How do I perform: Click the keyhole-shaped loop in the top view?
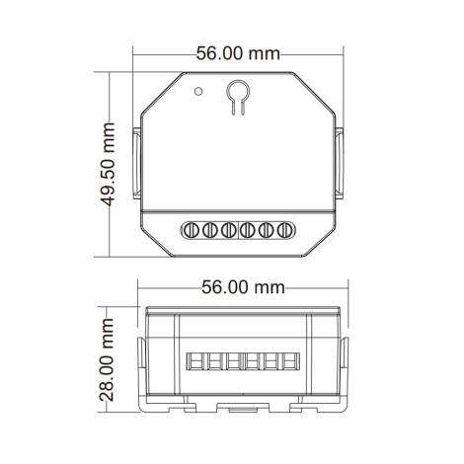pos(237,96)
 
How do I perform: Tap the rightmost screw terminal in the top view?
pos(284,230)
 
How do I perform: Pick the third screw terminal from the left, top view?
pos(229,230)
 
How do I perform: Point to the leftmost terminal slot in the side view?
pos(193,364)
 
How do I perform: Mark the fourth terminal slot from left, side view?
pos(248,364)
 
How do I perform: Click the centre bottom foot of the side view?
pos(242,405)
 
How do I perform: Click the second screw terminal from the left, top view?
pos(210,230)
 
